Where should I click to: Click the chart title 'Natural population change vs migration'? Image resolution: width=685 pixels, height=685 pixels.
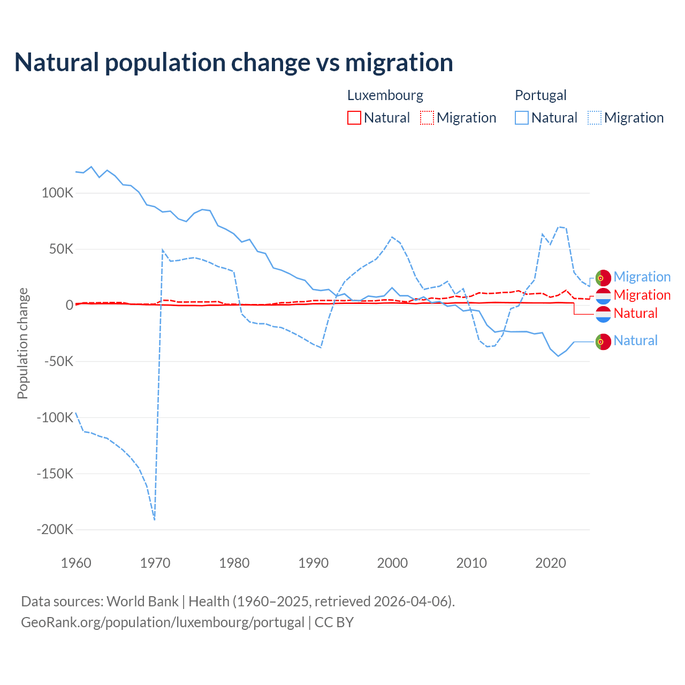234,63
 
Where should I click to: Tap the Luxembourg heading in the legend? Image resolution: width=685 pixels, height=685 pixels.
385,95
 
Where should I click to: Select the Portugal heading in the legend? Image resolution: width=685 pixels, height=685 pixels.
541,95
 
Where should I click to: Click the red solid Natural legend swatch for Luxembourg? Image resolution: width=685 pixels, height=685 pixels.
354,118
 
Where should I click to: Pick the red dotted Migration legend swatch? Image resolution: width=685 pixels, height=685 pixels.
427,118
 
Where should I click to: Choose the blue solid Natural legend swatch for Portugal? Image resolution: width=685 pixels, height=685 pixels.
522,118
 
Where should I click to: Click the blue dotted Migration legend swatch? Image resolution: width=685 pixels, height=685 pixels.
595,118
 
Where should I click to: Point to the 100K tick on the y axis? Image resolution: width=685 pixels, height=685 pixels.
57,193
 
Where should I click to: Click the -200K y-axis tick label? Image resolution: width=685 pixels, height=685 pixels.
55,530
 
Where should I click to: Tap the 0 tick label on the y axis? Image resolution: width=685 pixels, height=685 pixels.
70,306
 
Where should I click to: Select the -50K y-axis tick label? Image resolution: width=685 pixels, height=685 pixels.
58,362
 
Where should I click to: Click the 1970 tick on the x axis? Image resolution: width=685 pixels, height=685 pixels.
155,563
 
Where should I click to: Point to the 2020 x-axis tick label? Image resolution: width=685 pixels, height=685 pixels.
551,563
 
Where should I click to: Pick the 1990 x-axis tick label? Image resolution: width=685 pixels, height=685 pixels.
313,563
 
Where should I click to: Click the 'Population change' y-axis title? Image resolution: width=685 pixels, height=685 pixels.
22,344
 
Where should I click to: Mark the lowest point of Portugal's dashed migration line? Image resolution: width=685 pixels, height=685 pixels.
155,519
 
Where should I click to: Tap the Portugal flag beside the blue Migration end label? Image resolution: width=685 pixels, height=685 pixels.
603,278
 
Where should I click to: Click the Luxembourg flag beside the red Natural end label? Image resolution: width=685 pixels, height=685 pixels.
603,314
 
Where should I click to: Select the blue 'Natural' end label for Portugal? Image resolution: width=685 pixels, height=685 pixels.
635,340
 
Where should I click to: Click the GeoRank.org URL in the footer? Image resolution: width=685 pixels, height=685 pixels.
163,622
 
